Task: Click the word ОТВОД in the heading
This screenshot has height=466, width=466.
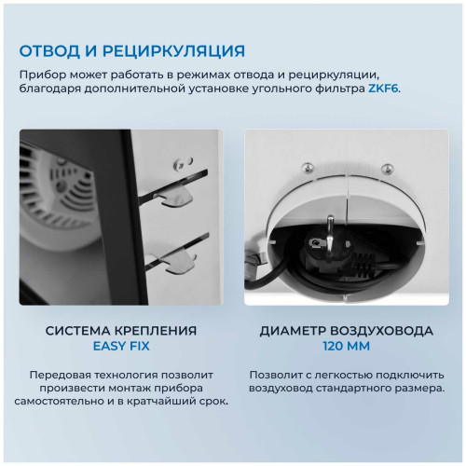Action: (x=52, y=49)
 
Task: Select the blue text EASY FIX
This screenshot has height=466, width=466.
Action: (x=121, y=347)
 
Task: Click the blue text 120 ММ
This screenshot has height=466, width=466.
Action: (x=344, y=347)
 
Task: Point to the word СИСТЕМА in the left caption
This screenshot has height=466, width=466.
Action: (x=80, y=330)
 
